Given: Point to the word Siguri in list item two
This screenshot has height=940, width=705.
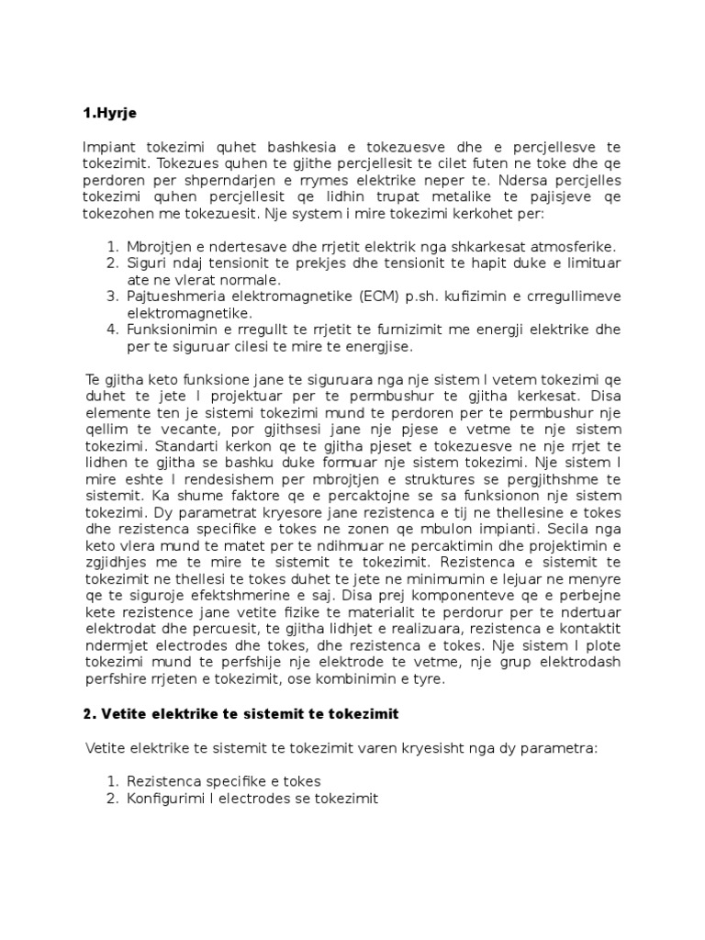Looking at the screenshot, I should (x=149, y=263).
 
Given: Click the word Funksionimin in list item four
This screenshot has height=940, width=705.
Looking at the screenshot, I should (x=170, y=329).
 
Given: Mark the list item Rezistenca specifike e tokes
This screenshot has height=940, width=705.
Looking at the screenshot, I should (x=224, y=781).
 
